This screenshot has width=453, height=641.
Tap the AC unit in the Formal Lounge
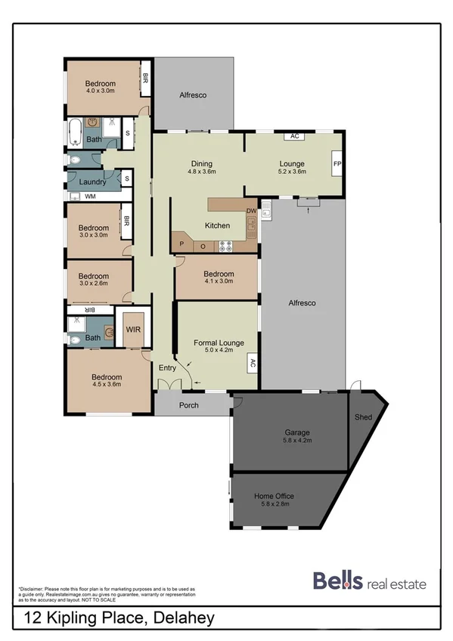pos(252,364)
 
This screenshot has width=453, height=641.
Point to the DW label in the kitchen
pos(251,211)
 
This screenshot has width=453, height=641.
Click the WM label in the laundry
pos(90,197)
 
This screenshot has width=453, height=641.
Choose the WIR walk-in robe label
pos(133,330)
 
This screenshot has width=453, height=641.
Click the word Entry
pos(167,368)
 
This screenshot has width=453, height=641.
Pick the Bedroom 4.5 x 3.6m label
pos(106,380)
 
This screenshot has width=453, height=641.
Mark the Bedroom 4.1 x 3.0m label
pos(219,278)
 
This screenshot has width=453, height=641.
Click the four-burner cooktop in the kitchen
pos(225,246)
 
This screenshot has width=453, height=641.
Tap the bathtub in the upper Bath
pos(73,133)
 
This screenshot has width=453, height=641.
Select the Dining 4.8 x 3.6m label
pos(202,167)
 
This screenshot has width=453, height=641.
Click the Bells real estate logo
pos(369,581)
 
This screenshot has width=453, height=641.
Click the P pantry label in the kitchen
pos(182,246)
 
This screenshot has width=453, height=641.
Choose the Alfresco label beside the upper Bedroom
pos(193,96)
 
